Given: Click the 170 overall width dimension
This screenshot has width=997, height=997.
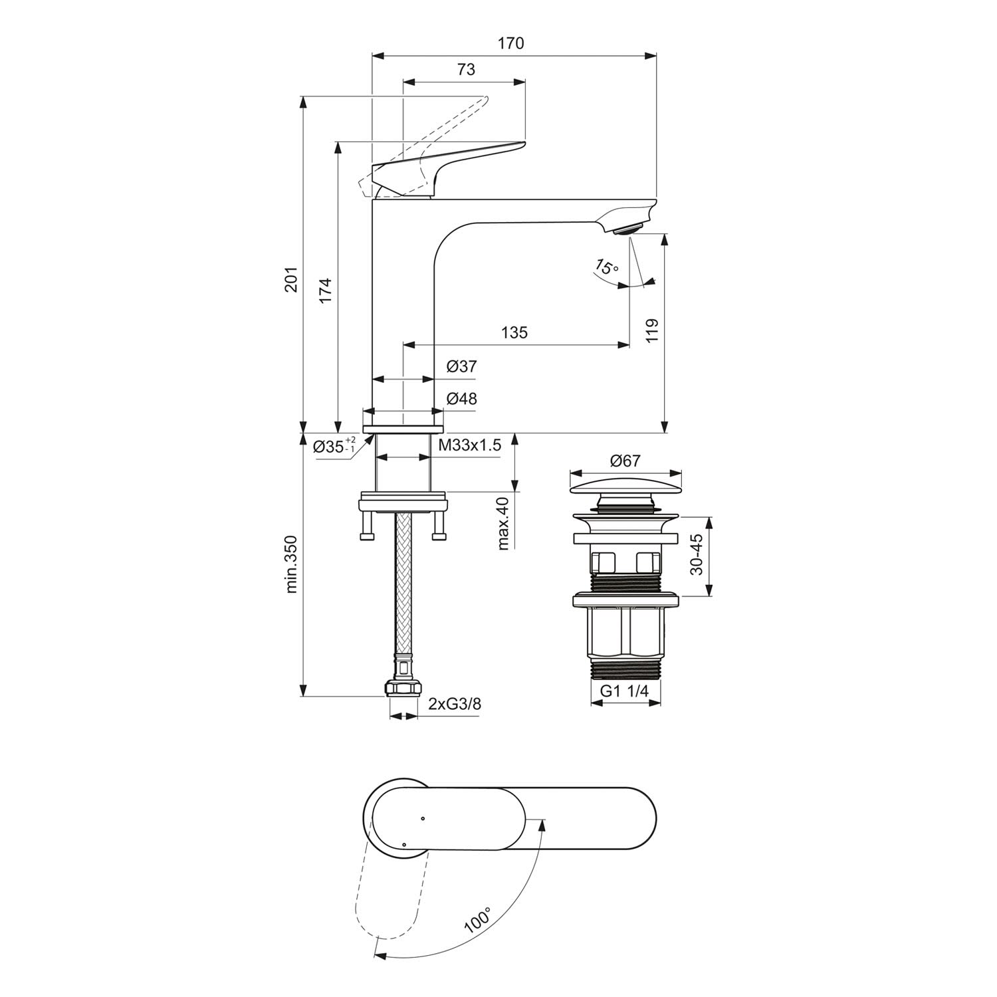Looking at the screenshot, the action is click(511, 43).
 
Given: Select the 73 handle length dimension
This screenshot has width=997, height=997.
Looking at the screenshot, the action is click(467, 69).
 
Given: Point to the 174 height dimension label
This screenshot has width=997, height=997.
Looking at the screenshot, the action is click(325, 290).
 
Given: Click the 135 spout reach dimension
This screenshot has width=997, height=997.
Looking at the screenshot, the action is click(514, 332).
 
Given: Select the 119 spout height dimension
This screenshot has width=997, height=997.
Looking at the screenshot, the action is click(651, 331).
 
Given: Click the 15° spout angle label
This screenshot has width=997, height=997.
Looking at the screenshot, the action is click(606, 267).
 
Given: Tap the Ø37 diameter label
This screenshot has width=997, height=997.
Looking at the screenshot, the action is click(462, 366).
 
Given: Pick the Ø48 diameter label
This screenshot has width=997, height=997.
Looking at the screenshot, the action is click(462, 399).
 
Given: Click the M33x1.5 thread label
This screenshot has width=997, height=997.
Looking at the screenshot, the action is click(470, 445).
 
